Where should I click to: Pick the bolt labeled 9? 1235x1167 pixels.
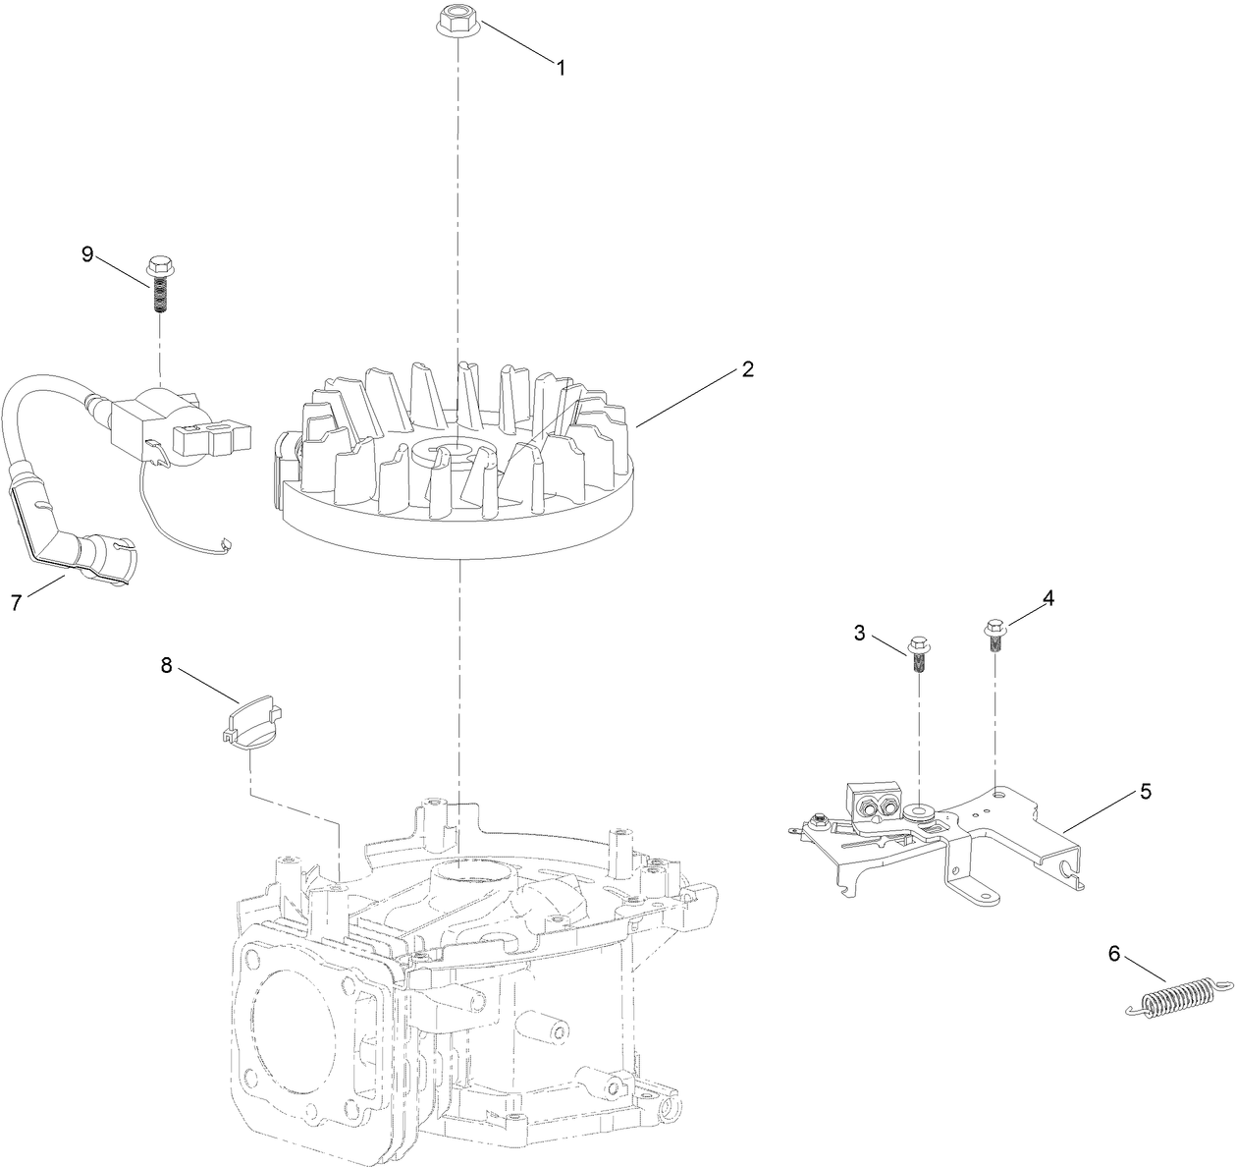click(x=159, y=282)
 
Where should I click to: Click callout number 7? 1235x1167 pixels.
click(x=17, y=602)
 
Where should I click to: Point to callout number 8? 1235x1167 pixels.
click(x=166, y=665)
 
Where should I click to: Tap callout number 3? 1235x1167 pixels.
click(x=860, y=633)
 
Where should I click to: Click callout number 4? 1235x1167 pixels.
click(x=1048, y=597)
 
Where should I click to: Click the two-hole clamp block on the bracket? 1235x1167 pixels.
click(x=874, y=801)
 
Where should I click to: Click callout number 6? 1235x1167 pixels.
click(x=1112, y=952)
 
